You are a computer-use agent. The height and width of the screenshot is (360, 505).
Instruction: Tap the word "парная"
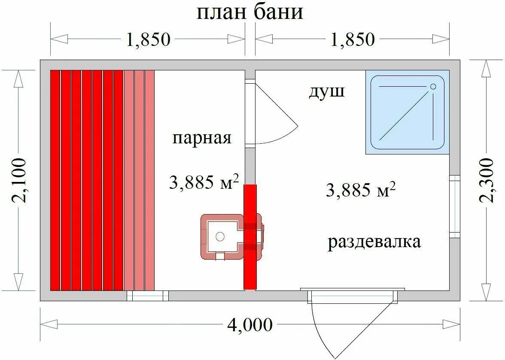pyautogui.click(x=202, y=138)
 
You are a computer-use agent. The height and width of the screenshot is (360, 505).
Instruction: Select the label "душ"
pyautogui.click(x=326, y=92)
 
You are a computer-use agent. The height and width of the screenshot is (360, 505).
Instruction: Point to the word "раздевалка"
pyautogui.click(x=374, y=242)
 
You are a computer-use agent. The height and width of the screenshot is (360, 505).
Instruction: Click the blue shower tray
pyautogui.click(x=407, y=112)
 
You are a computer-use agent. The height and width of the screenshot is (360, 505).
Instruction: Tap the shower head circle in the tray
pyautogui.click(x=433, y=87)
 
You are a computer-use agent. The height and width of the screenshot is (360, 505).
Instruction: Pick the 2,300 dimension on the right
pyautogui.click(x=486, y=180)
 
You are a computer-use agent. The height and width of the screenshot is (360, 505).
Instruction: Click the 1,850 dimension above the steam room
pyautogui.click(x=148, y=39)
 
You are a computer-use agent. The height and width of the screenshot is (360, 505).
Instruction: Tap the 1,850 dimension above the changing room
pyautogui.click(x=353, y=39)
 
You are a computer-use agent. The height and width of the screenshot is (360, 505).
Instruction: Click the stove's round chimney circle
pyautogui.click(x=220, y=236)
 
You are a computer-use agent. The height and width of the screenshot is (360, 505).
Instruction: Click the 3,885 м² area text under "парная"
pyautogui.click(x=204, y=183)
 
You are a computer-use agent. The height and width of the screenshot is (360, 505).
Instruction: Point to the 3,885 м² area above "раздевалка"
pyautogui.click(x=360, y=189)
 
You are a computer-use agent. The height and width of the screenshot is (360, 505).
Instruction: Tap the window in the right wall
pyautogui.click(x=455, y=206)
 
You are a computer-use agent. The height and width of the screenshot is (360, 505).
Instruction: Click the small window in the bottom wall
pyautogui.click(x=148, y=296)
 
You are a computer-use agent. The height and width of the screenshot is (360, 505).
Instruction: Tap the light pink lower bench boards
pyautogui.click(x=139, y=180)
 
